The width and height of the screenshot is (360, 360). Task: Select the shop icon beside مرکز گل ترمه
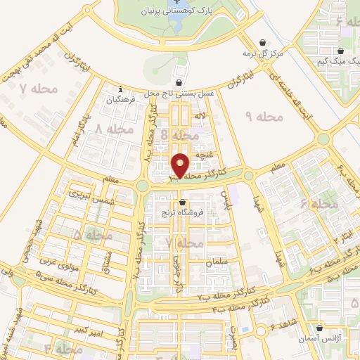262,42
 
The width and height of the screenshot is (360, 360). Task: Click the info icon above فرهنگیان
121,89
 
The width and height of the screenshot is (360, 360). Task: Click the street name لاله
200,115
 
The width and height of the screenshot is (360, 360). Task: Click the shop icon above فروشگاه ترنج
182,202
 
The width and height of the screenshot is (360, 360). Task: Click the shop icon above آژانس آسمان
321,327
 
